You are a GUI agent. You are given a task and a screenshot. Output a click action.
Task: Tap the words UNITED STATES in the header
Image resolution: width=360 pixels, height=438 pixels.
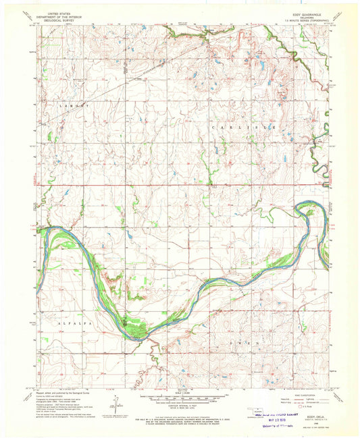coord(57,12)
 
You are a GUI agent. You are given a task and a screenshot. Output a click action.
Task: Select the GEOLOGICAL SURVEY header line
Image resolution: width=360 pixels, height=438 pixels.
coord(57,19)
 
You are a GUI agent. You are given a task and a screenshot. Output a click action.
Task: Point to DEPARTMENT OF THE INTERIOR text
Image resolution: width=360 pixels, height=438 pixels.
coord(57,16)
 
